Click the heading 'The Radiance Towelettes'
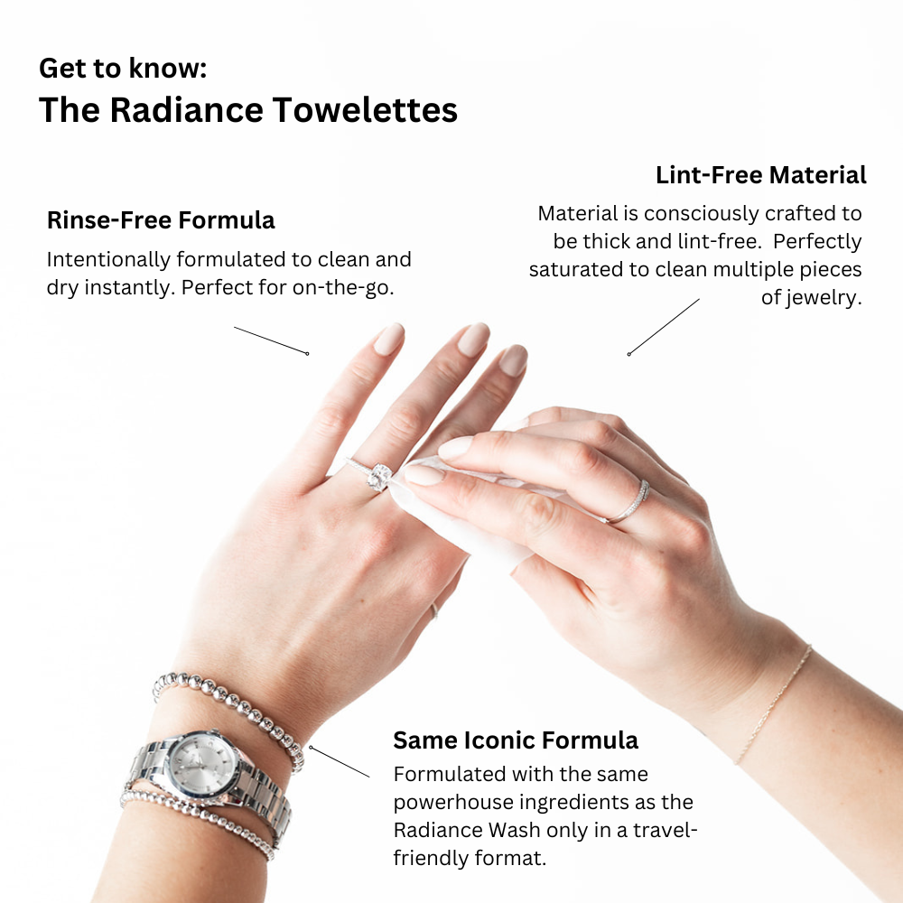247,110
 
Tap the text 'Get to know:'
123,68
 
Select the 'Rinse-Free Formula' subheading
161,220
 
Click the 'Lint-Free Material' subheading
760,175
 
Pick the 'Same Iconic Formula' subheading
515,740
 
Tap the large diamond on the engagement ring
379,476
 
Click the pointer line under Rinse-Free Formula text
271,340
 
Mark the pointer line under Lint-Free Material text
664,326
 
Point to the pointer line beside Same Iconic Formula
340,761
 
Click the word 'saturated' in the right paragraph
578,270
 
